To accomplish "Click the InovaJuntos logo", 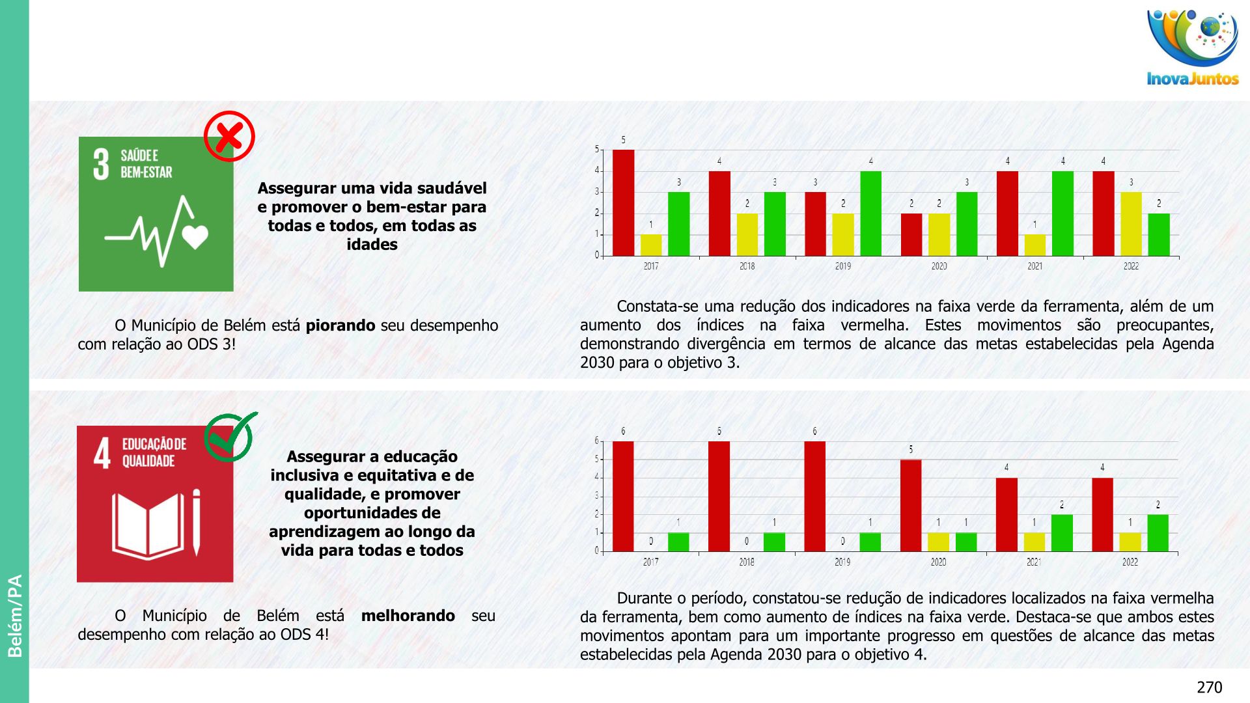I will click(1193, 47).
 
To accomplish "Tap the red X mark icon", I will click(229, 136).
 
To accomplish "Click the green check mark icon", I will click(229, 437).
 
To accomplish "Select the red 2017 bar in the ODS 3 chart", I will click(623, 202).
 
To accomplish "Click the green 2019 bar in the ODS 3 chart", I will click(870, 214).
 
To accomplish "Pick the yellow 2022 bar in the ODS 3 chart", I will click(1131, 224).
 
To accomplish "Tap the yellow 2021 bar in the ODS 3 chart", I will click(1035, 245).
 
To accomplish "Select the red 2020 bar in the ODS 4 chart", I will click(911, 505).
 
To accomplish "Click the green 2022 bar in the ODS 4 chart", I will click(1158, 532).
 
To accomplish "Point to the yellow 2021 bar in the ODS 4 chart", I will click(1034, 542).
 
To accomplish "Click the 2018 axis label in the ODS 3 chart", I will click(747, 266).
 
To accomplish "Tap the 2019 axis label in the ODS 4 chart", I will click(842, 562).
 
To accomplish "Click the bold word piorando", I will click(340, 325).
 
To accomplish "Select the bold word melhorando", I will click(408, 616).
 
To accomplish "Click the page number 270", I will click(1209, 687).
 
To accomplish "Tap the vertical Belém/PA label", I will click(14, 615).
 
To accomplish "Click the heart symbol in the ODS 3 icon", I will click(195, 237).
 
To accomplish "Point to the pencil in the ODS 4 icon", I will click(196, 523).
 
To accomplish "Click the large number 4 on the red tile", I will click(102, 453).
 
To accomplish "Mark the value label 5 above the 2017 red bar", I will click(623, 140).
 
